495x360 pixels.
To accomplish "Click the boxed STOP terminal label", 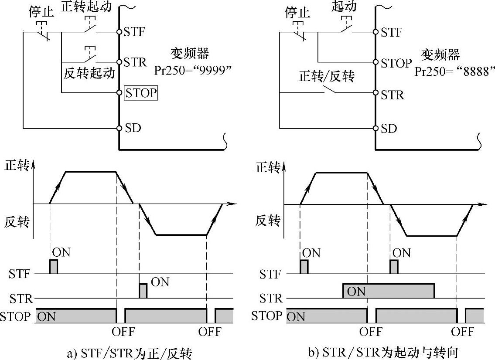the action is [141, 93].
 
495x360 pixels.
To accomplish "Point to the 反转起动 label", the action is [89, 73].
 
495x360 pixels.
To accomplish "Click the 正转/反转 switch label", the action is [327, 77].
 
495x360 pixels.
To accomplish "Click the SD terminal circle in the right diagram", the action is [375, 128].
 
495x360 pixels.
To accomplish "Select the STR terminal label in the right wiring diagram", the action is [392, 95].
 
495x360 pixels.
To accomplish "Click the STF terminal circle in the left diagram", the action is [119, 32].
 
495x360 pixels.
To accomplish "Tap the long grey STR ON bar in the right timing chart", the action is [388, 291].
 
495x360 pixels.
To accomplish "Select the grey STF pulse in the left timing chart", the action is [54, 267].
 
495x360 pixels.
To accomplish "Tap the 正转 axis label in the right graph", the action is [267, 168].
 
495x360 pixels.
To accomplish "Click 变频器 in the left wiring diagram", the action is [189, 54].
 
